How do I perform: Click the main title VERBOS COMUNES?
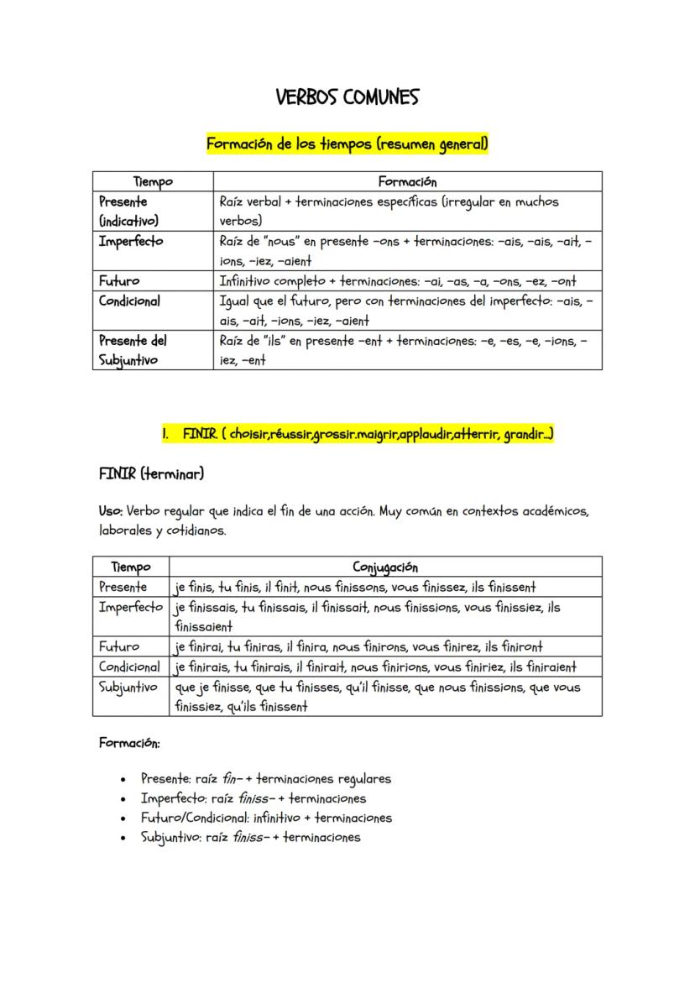pyautogui.click(x=347, y=98)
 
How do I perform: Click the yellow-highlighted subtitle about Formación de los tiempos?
pyautogui.click(x=347, y=144)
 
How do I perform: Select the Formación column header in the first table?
pyautogui.click(x=407, y=181)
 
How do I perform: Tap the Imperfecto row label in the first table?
pyautogui.click(x=131, y=242)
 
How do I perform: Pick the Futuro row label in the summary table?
pyautogui.click(x=119, y=281)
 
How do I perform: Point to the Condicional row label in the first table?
pyautogui.click(x=130, y=301)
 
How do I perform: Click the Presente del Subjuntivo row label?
pyautogui.click(x=133, y=350)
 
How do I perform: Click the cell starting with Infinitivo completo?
pyautogui.click(x=397, y=281)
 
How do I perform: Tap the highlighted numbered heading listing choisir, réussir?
pyautogui.click(x=358, y=434)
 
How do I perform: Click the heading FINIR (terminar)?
pyautogui.click(x=151, y=474)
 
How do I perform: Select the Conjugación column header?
pyautogui.click(x=385, y=567)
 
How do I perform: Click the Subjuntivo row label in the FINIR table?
pyautogui.click(x=128, y=688)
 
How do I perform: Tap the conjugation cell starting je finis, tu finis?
pyautogui.click(x=355, y=587)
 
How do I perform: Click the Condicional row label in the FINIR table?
pyautogui.click(x=129, y=667)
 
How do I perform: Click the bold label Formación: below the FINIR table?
pyautogui.click(x=129, y=743)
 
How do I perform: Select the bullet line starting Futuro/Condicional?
pyautogui.click(x=266, y=818)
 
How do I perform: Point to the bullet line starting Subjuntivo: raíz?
pyautogui.click(x=250, y=837)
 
